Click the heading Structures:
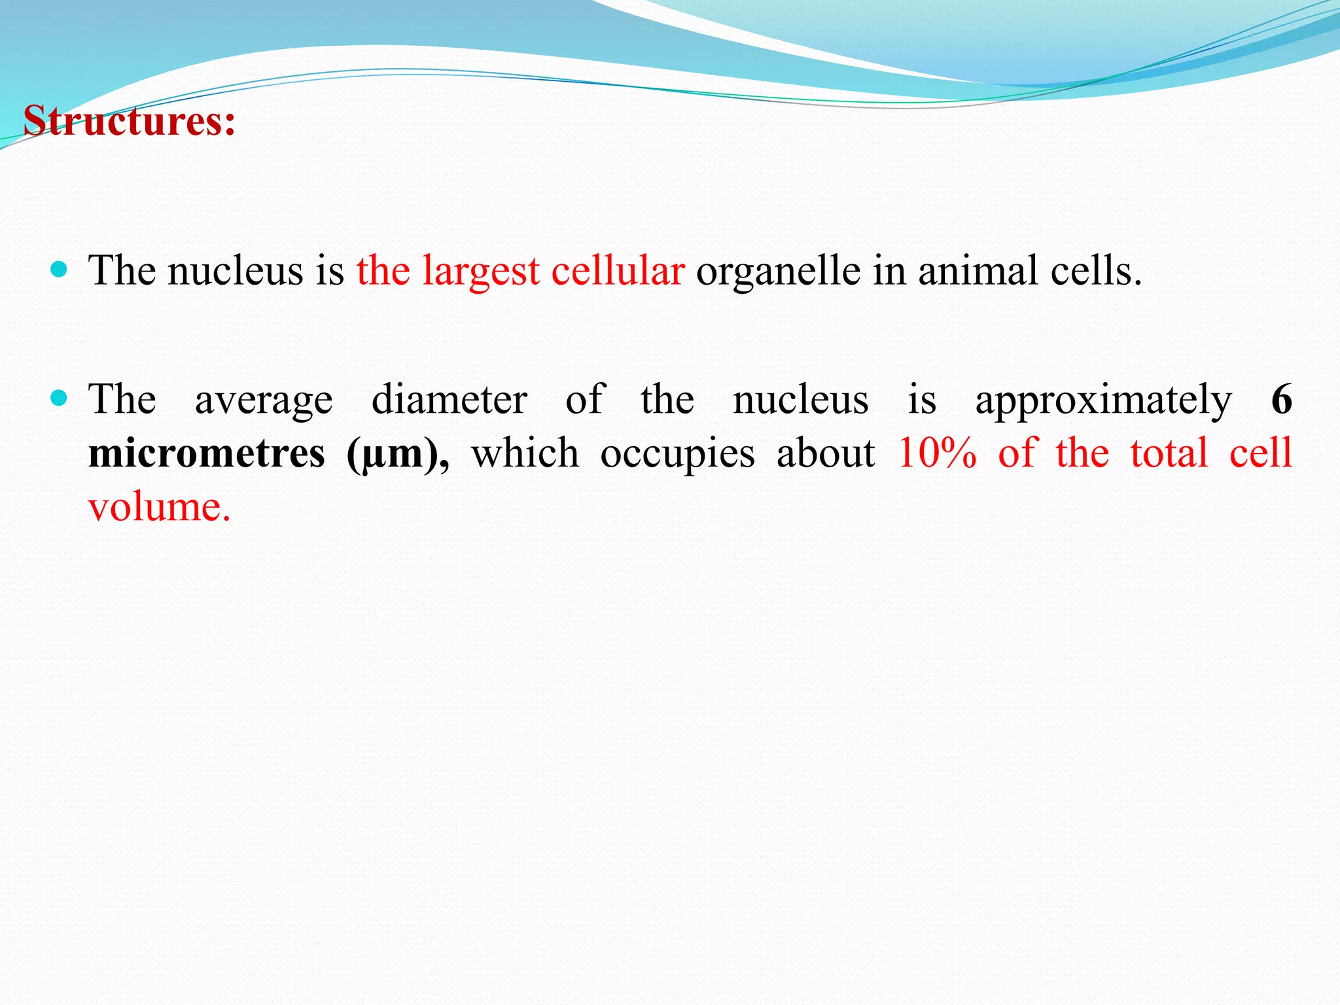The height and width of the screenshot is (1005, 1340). (x=129, y=122)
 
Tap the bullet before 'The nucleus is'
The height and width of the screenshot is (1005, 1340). (x=59, y=270)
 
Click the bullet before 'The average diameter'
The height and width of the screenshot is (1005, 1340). (x=59, y=398)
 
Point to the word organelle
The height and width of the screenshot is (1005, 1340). (x=778, y=271)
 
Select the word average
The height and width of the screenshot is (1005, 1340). (x=264, y=400)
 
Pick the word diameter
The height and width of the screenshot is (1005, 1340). (x=449, y=399)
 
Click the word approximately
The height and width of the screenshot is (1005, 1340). (x=1103, y=400)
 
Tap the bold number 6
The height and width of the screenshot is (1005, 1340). (x=1281, y=399)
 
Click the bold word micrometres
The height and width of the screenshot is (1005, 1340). (x=206, y=453)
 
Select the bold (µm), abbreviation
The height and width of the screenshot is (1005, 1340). (x=398, y=454)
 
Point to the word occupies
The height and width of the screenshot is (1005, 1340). (x=677, y=454)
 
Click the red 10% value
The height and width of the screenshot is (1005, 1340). (x=936, y=453)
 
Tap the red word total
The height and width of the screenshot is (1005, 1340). (x=1169, y=453)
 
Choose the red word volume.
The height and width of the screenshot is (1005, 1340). (x=159, y=506)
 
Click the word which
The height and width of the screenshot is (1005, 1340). (x=525, y=453)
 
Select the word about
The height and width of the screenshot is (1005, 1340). (x=825, y=453)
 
